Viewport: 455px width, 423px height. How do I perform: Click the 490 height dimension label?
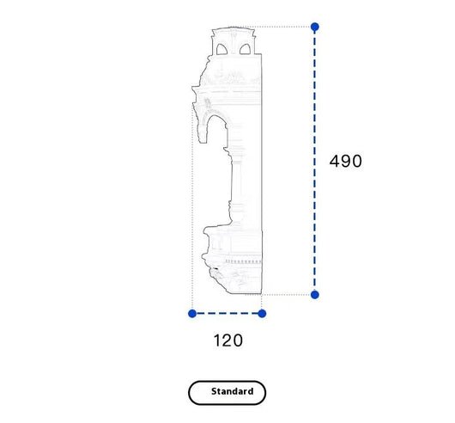tap(346, 161)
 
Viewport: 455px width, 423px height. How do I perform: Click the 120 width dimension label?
tap(228, 340)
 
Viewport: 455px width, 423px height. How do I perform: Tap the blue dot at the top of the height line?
tap(315, 27)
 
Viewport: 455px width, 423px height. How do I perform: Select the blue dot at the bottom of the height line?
tap(315, 295)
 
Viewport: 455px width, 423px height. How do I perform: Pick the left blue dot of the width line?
tap(192, 314)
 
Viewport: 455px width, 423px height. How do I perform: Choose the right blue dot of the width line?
tap(262, 314)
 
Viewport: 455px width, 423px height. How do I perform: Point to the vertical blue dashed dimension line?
tap(315, 161)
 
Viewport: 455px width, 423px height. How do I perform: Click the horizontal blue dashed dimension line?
tap(227, 314)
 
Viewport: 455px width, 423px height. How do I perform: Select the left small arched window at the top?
tap(221, 49)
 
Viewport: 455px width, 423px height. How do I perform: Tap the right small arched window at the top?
tap(245, 49)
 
